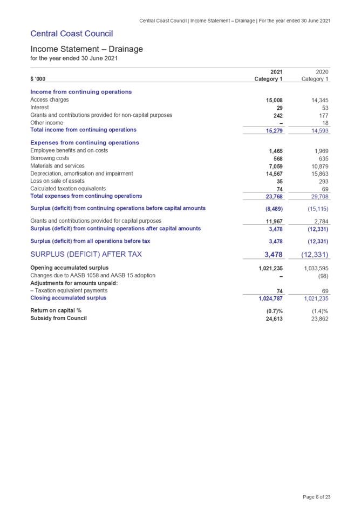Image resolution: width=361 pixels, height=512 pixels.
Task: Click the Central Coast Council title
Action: (71, 34)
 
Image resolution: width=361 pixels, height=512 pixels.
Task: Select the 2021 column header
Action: (276, 71)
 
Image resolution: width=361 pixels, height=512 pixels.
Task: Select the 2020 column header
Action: (322, 71)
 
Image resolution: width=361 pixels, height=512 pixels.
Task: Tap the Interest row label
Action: (40, 108)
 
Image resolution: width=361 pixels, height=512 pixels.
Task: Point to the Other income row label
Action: (47, 123)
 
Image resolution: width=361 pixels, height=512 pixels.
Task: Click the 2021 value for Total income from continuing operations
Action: (275, 130)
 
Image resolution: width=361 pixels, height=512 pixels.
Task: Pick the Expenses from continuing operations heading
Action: (85, 143)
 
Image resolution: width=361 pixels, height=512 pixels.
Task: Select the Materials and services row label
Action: (57, 166)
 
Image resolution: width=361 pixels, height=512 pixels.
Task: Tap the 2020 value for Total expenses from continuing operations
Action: (319, 197)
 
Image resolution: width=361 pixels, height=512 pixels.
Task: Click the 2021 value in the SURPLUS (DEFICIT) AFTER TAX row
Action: (274, 255)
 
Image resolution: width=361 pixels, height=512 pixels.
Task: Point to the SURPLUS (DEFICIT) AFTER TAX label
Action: (86, 254)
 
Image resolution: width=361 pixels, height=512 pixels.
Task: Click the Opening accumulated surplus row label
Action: (70, 268)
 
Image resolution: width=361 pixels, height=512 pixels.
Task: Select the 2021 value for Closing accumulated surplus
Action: (271, 298)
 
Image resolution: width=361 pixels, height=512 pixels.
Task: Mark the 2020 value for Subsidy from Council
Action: (320, 319)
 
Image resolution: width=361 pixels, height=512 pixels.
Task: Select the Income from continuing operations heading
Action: (81, 92)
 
